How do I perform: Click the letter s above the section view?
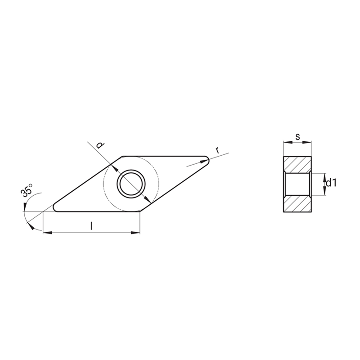coord(297,136)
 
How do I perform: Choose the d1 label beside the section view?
coord(332,183)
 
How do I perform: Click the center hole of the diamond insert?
coord(131,184)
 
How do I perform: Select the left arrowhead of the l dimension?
coord(47,233)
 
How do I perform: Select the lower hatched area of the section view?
coord(297,204)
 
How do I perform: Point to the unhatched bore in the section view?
coord(297,184)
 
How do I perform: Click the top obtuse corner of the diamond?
coord(124,157)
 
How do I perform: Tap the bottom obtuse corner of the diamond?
coord(140,211)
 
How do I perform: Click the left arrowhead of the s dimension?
coord(286,143)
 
